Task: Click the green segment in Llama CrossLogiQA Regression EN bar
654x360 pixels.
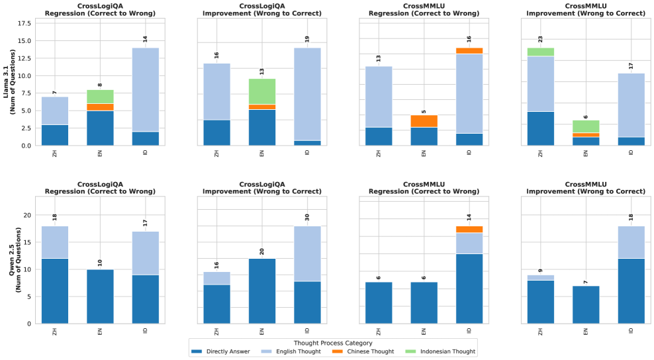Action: point(100,97)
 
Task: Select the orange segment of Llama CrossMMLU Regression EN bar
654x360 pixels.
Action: point(424,121)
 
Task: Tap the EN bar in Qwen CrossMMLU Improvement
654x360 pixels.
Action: point(586,304)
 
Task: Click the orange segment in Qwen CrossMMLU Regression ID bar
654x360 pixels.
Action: point(469,229)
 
